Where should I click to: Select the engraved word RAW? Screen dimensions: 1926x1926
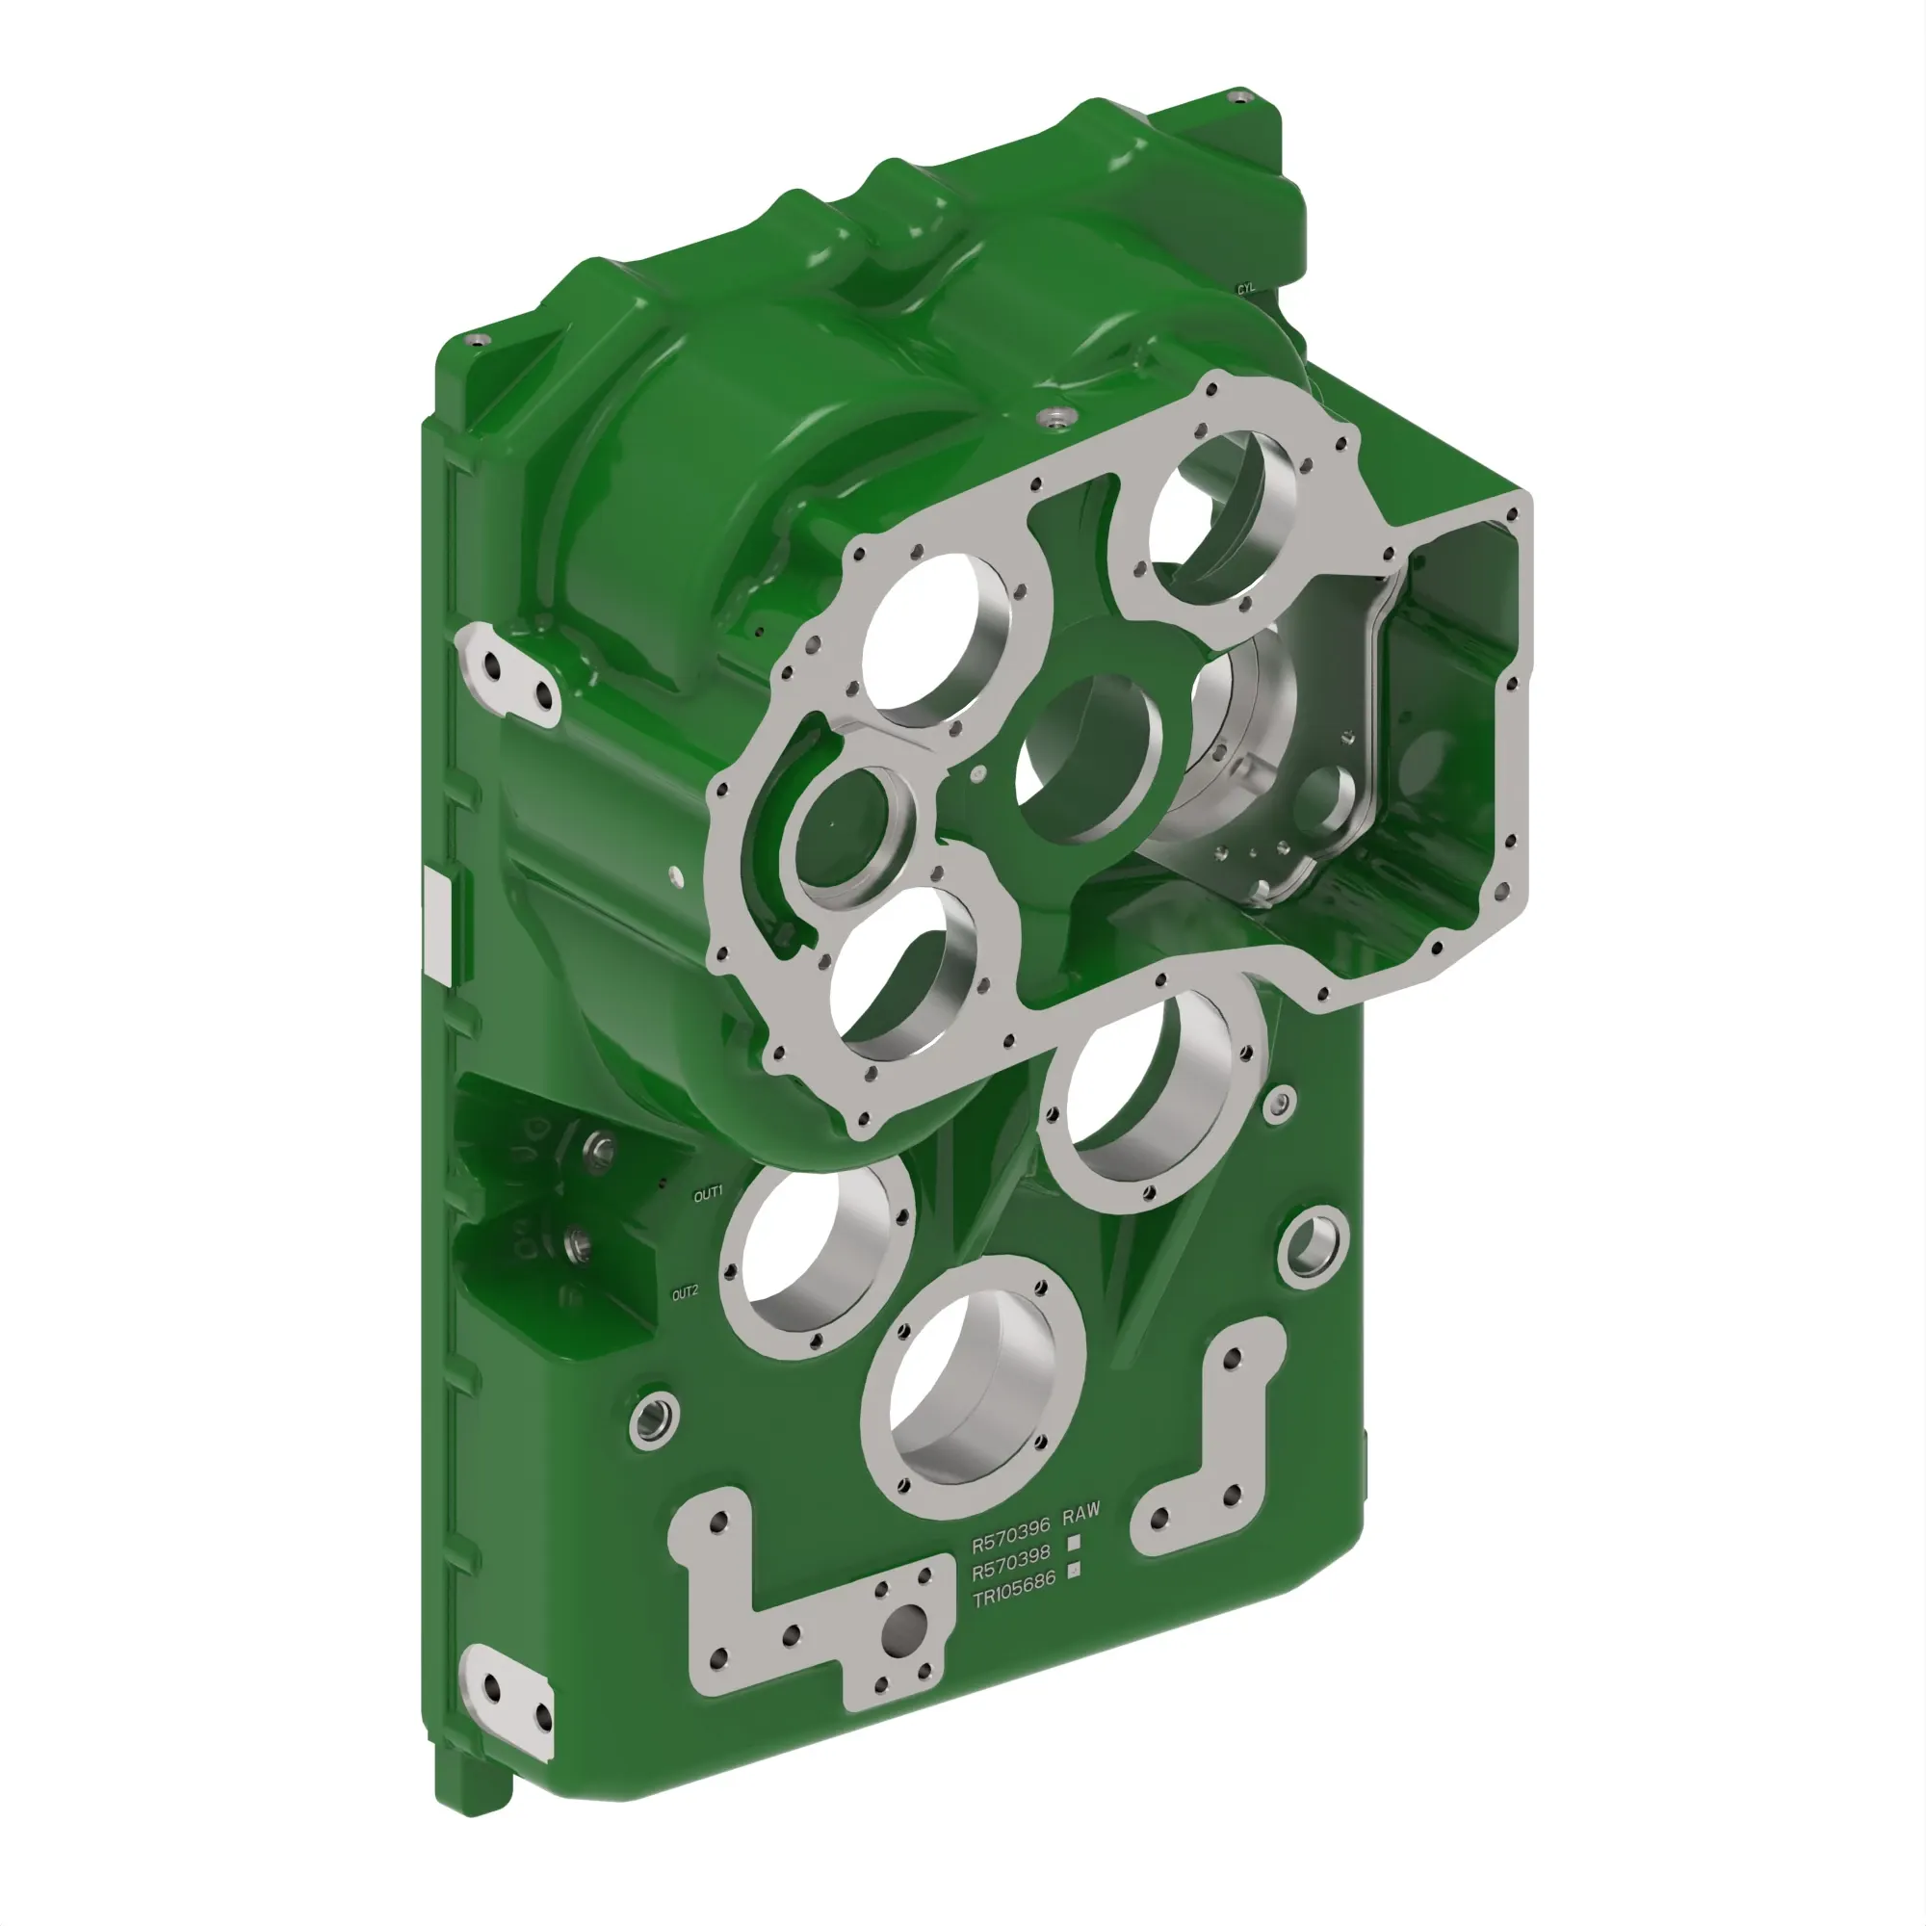(1081, 1514)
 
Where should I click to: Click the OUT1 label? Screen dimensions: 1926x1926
(708, 1193)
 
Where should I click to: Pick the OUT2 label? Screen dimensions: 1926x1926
(685, 1294)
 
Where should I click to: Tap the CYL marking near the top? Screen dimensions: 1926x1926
(1246, 289)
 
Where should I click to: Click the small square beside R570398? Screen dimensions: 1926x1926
(1074, 1542)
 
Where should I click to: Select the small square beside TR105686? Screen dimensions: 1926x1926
(1074, 1570)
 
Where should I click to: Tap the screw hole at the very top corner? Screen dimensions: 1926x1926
(1239, 97)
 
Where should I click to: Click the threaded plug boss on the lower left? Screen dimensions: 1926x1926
(655, 1418)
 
